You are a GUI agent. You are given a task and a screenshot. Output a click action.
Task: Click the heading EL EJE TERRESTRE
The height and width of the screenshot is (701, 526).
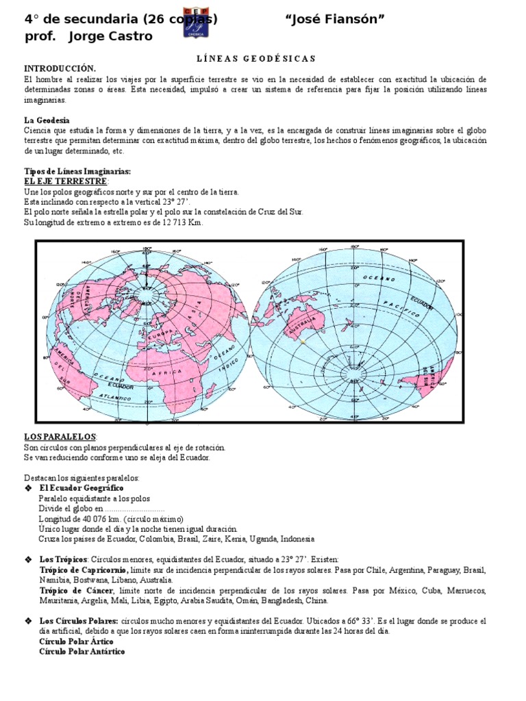(66, 181)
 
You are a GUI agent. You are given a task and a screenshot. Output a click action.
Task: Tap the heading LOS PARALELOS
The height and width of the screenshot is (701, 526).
(60, 437)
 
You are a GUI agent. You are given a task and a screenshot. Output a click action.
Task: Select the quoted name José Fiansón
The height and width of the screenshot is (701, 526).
(334, 19)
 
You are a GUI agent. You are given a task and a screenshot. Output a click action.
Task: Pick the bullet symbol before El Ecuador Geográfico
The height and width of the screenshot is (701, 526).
(28, 488)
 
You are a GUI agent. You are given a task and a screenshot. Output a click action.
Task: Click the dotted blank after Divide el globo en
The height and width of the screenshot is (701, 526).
(134, 509)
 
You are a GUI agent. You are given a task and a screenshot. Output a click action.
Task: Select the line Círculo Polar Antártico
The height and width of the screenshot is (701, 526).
(82, 652)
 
